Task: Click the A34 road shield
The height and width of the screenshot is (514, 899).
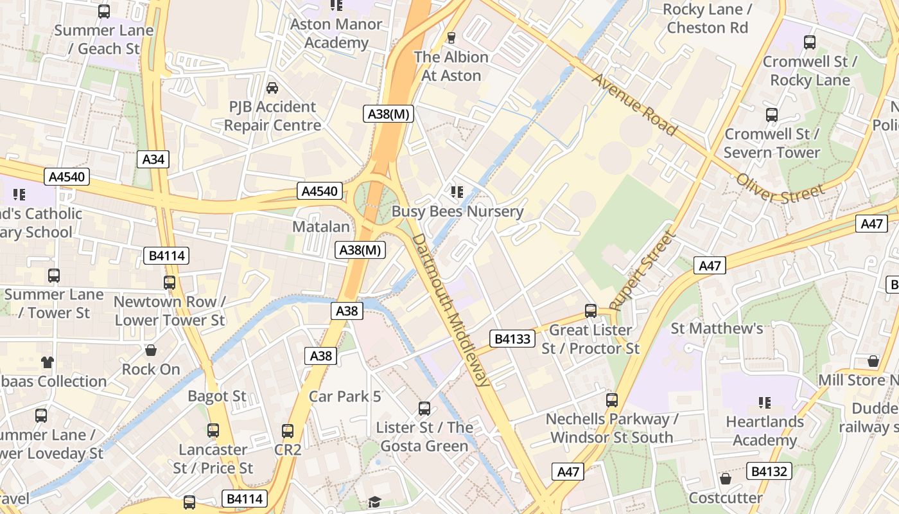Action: [153, 159]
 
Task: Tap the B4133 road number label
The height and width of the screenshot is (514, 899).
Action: [512, 339]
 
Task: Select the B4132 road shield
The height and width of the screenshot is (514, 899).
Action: [769, 472]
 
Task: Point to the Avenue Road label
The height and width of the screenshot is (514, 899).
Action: [634, 104]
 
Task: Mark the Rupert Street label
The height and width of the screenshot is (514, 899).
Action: [643, 270]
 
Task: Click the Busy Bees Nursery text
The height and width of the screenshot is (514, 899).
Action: [457, 211]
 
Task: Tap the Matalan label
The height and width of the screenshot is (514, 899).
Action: [321, 227]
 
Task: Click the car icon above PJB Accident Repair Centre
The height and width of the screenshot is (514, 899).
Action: [272, 88]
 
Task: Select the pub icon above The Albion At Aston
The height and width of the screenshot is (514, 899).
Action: [451, 38]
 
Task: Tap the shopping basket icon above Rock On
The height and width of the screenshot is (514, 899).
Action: [151, 350]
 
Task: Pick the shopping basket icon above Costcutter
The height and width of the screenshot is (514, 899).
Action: [726, 479]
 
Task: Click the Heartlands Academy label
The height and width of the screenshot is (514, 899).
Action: [764, 431]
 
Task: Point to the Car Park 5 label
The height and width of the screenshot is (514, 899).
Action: [345, 396]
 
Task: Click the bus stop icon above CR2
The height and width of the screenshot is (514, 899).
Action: [288, 430]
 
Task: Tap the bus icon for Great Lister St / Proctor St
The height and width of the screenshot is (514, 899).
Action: [591, 311]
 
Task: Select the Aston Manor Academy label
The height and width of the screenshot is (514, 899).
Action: [336, 33]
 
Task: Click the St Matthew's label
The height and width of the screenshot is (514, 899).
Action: [717, 328]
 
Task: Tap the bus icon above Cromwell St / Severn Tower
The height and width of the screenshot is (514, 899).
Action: [772, 115]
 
